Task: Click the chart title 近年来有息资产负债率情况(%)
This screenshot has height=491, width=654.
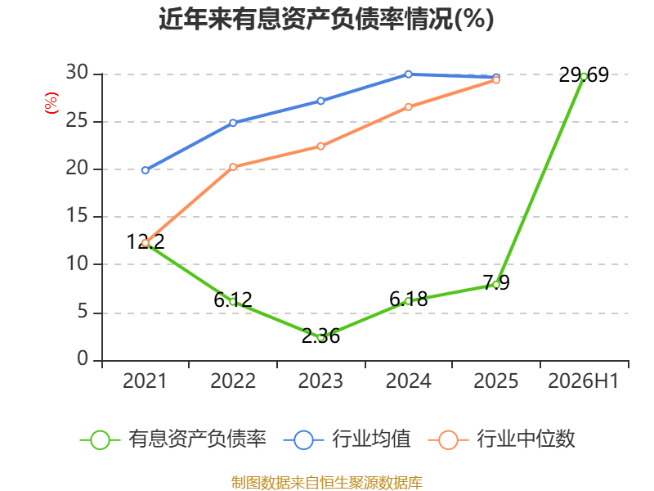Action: tap(326, 19)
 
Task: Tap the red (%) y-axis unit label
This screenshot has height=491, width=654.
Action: tap(52, 103)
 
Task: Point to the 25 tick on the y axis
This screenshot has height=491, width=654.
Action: tap(77, 121)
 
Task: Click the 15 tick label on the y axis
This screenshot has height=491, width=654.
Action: tap(77, 216)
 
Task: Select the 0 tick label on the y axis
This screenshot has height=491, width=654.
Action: tap(83, 358)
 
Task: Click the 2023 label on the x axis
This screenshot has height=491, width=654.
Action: tap(320, 381)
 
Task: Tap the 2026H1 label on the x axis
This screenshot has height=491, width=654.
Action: tap(583, 381)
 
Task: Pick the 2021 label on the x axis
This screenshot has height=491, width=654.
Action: tap(145, 381)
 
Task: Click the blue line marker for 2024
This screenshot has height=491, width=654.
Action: tap(408, 74)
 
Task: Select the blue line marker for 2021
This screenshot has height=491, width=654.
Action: tap(146, 170)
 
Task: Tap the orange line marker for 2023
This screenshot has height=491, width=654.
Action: tap(320, 146)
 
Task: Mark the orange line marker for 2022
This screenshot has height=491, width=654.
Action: tap(233, 167)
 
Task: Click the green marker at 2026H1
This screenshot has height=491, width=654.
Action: tap(584, 76)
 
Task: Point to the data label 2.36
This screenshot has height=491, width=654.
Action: tap(320, 336)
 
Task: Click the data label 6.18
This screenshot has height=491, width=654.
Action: tap(408, 300)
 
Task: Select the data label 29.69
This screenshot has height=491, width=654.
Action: tap(584, 75)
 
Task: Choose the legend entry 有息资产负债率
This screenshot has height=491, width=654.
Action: tap(172, 439)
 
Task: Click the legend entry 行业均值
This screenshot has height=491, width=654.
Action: tap(347, 439)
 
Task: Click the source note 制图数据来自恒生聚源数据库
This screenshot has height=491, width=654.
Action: tap(326, 482)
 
